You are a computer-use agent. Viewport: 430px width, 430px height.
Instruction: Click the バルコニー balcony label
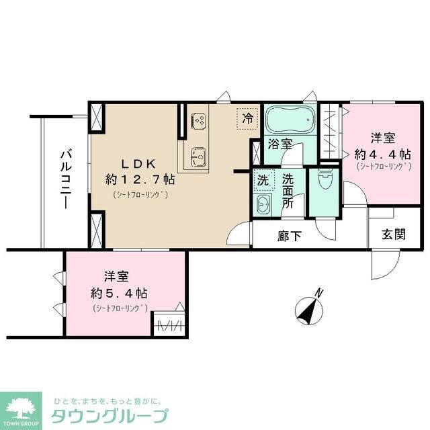pos(67,180)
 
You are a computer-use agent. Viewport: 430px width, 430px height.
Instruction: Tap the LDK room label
pos(138,163)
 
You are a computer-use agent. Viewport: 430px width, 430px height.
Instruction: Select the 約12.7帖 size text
pos(140,179)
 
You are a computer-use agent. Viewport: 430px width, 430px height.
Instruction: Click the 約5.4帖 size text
pos(120,294)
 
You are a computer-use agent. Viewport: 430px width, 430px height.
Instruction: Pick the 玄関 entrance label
pos(394,234)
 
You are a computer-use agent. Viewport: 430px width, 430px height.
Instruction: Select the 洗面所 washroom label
pos(288,191)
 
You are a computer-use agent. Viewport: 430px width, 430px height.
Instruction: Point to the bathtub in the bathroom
pos(290,121)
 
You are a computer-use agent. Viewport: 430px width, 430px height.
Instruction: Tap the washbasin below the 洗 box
pos(263,205)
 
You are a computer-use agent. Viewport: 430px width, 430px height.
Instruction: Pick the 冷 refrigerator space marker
pos(248,119)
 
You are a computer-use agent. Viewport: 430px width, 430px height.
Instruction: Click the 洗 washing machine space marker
pos(263,180)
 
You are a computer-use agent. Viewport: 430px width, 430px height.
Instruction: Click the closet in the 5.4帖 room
pos(169,324)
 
